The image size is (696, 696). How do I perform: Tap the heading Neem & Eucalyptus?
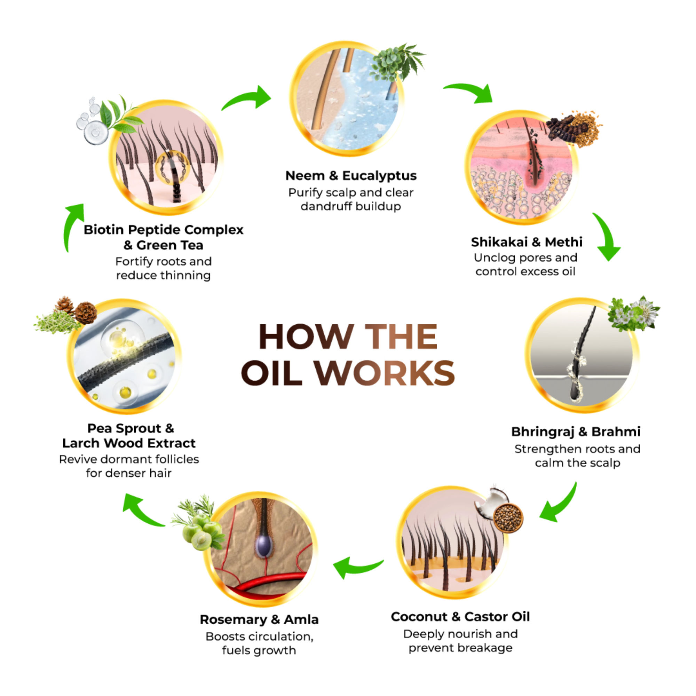[x=351, y=176]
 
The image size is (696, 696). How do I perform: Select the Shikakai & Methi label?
[x=526, y=242]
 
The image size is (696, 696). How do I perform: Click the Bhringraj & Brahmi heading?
[x=576, y=432]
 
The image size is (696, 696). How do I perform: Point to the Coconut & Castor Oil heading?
[x=460, y=617]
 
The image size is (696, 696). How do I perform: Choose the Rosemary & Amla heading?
[x=259, y=619]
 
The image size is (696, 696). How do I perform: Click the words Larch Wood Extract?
[x=129, y=443]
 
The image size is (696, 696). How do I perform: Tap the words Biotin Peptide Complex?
[x=164, y=230]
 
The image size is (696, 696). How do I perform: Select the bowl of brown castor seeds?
[x=508, y=518]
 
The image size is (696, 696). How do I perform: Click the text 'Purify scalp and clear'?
[x=351, y=193]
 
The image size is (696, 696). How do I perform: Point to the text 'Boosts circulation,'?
[x=259, y=636]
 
